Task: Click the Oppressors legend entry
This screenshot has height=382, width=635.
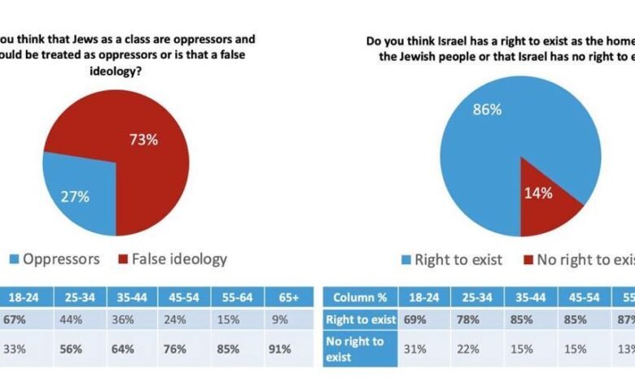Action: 58,259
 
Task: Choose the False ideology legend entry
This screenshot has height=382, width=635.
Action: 175,259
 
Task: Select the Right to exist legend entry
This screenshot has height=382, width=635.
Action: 452,259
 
